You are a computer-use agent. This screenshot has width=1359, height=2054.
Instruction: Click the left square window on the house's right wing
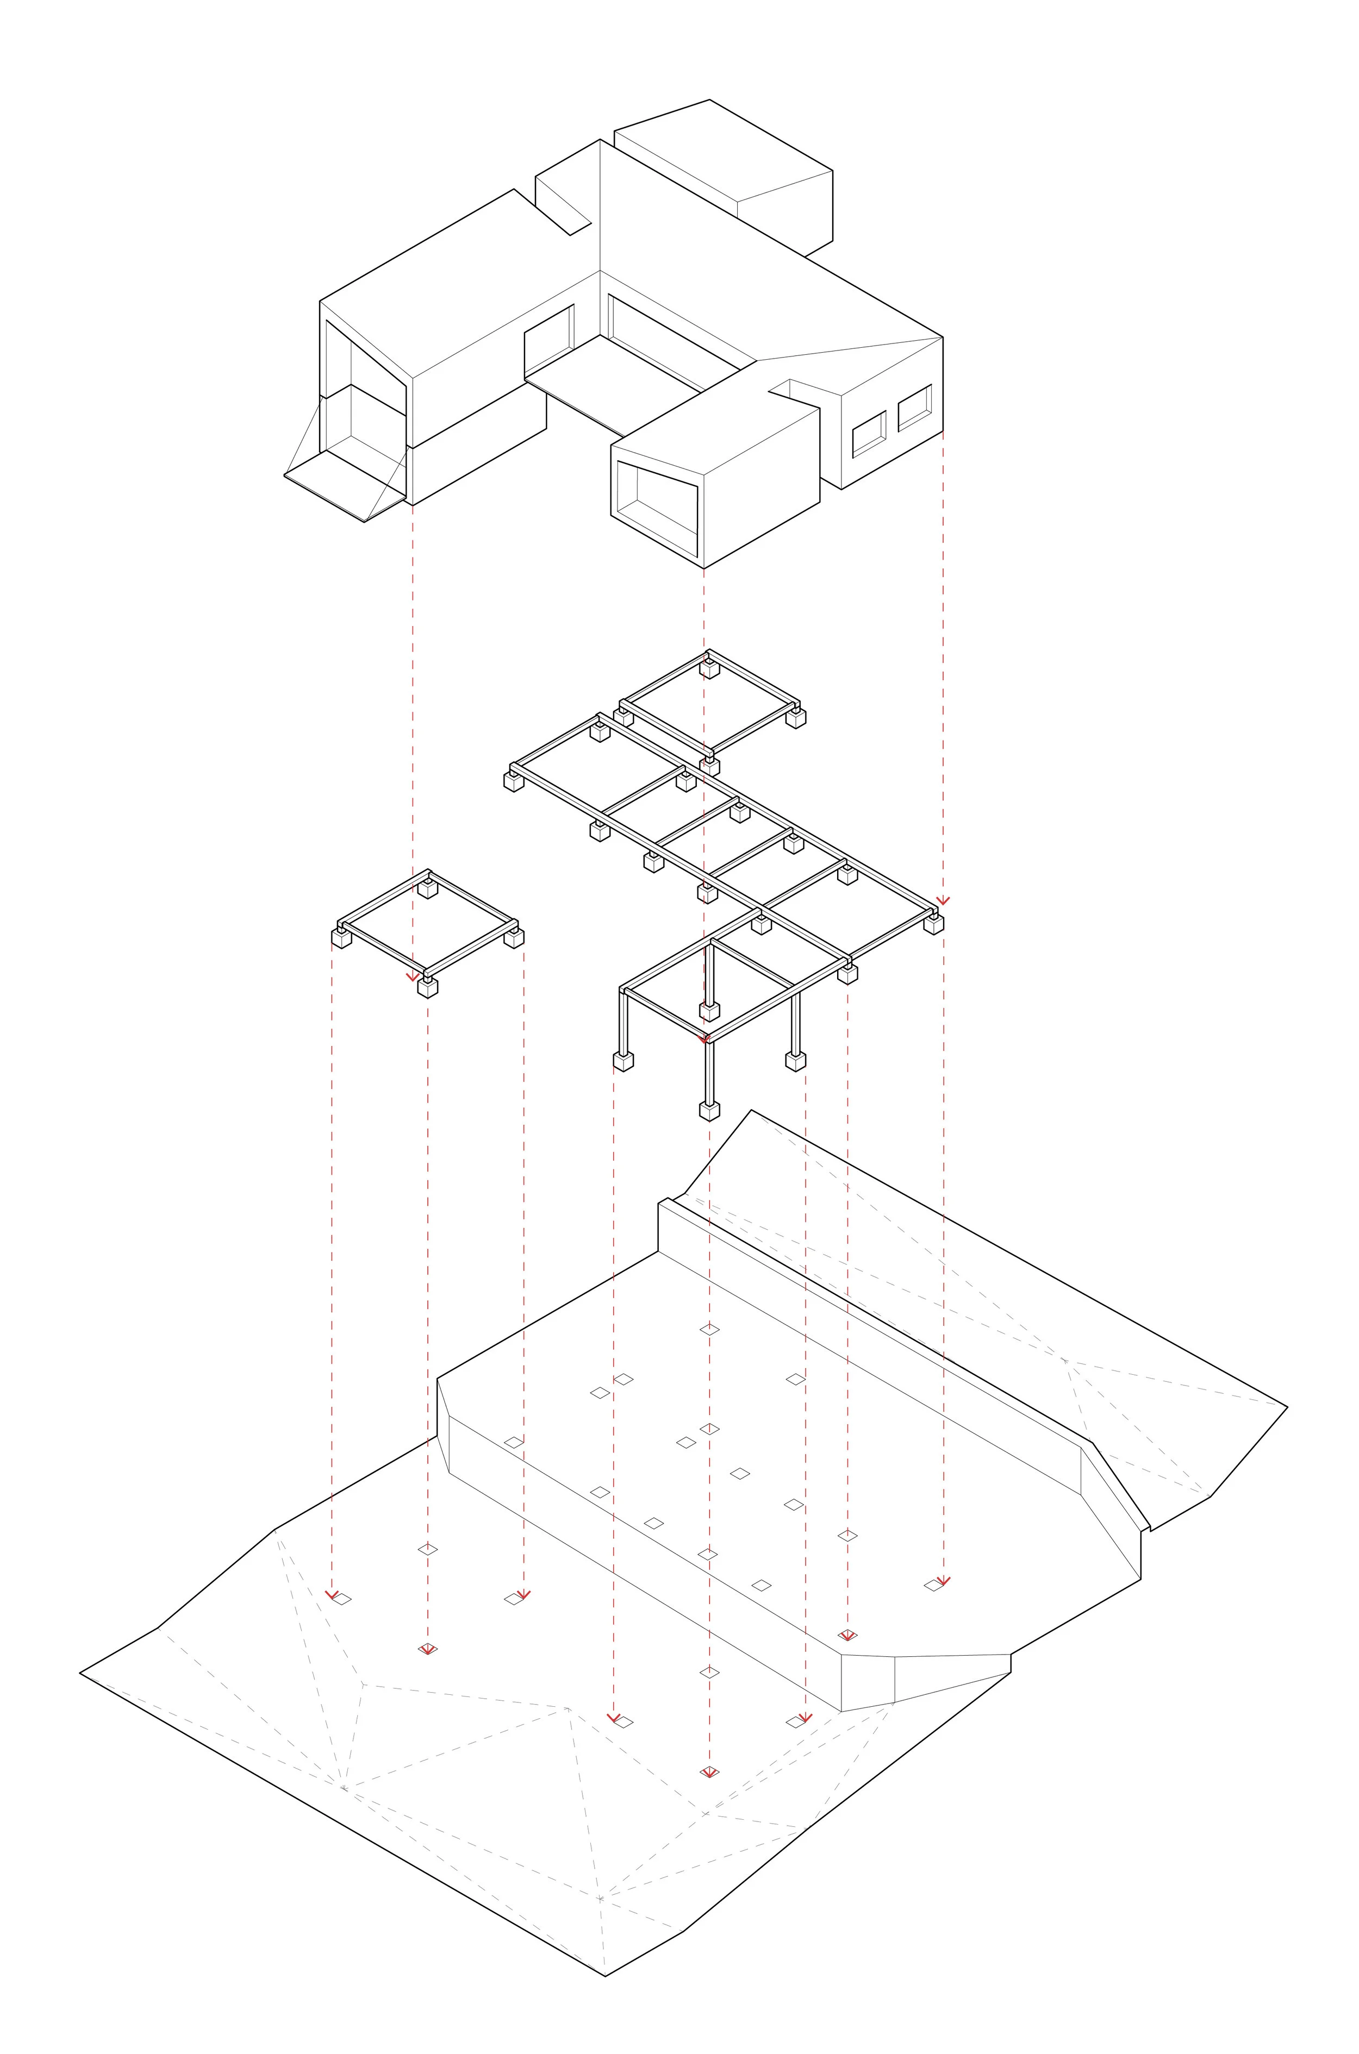click(869, 434)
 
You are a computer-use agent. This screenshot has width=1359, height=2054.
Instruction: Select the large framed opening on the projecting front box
click(657, 508)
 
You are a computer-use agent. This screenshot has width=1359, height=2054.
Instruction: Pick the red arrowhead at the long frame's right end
click(943, 900)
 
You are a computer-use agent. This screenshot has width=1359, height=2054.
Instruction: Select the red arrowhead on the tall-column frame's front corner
click(704, 1037)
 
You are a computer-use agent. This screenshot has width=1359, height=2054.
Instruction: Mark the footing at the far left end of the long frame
click(514, 781)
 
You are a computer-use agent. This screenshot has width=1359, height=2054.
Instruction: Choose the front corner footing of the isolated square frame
click(427, 987)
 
